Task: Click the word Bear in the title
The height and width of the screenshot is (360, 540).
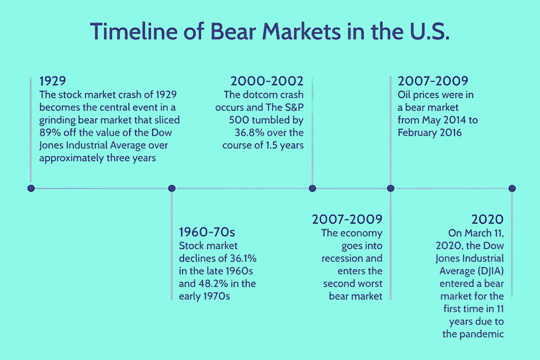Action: click(233, 31)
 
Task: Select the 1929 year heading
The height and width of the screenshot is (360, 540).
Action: click(53, 81)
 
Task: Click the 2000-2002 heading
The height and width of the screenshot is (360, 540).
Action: click(267, 81)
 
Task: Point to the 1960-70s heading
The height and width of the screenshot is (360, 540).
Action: click(207, 232)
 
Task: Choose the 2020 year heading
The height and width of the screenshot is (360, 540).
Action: click(487, 220)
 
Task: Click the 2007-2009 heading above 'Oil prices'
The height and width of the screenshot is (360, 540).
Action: click(433, 81)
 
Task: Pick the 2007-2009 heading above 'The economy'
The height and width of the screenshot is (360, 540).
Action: click(347, 220)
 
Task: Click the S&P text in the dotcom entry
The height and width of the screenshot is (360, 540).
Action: click(294, 108)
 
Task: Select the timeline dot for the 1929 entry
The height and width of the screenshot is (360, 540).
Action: click(31, 188)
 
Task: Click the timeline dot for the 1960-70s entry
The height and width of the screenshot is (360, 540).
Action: click(171, 188)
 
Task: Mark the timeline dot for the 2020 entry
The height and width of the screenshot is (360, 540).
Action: click(512, 188)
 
